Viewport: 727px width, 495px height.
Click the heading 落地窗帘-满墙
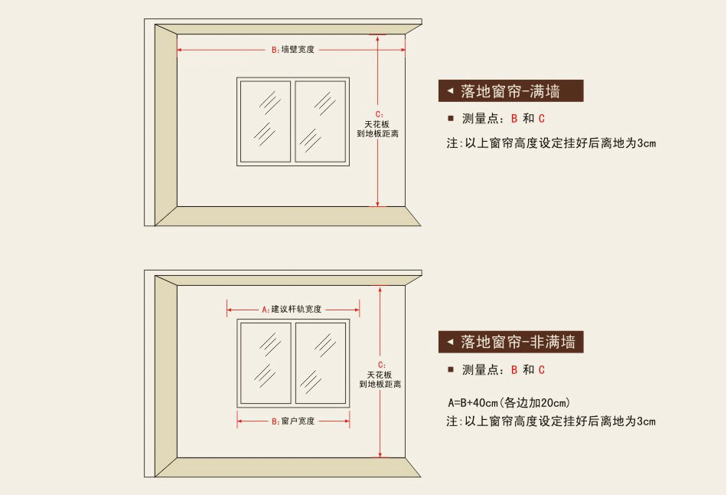click(x=510, y=92)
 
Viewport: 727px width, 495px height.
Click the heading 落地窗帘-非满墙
click(x=518, y=342)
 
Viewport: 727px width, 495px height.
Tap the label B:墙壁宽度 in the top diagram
click(x=293, y=50)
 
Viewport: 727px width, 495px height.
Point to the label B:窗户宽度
click(x=293, y=421)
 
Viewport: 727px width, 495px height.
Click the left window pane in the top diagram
click(x=266, y=121)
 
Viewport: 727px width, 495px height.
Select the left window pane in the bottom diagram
click(x=266, y=363)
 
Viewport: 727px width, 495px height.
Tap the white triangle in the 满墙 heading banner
click(x=450, y=91)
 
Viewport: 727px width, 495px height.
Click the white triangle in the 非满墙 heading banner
click(x=450, y=341)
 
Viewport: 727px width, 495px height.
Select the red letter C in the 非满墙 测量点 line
click(x=542, y=370)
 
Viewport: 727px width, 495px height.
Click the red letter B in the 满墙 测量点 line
click(x=514, y=119)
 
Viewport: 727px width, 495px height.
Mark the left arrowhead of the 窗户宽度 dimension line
click(x=240, y=421)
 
